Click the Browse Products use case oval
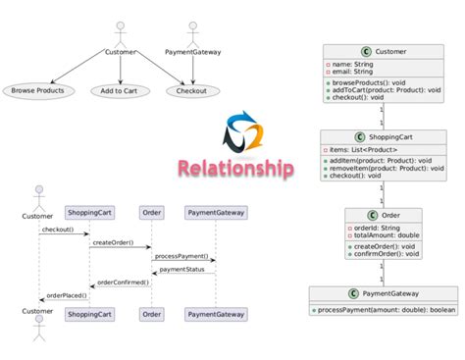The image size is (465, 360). pyautogui.click(x=37, y=91)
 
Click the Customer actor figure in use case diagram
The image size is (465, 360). pyautogui.click(x=121, y=30)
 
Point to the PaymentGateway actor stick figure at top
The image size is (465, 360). pyautogui.click(x=191, y=30)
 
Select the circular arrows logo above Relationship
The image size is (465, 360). pyautogui.click(x=240, y=132)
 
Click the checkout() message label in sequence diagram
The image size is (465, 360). pyautogui.click(x=58, y=231)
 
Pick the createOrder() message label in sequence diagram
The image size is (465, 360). pyautogui.click(x=114, y=241)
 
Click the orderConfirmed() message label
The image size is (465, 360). pyautogui.click(x=123, y=282)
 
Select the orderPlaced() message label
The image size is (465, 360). pyautogui.click(x=67, y=294)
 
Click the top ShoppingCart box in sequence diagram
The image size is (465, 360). pyautogui.click(x=87, y=212)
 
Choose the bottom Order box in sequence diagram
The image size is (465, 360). pyautogui.click(x=151, y=314)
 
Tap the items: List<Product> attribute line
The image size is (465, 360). pyautogui.click(x=363, y=149)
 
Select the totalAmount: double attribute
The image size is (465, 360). pyautogui.click(x=385, y=235)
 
